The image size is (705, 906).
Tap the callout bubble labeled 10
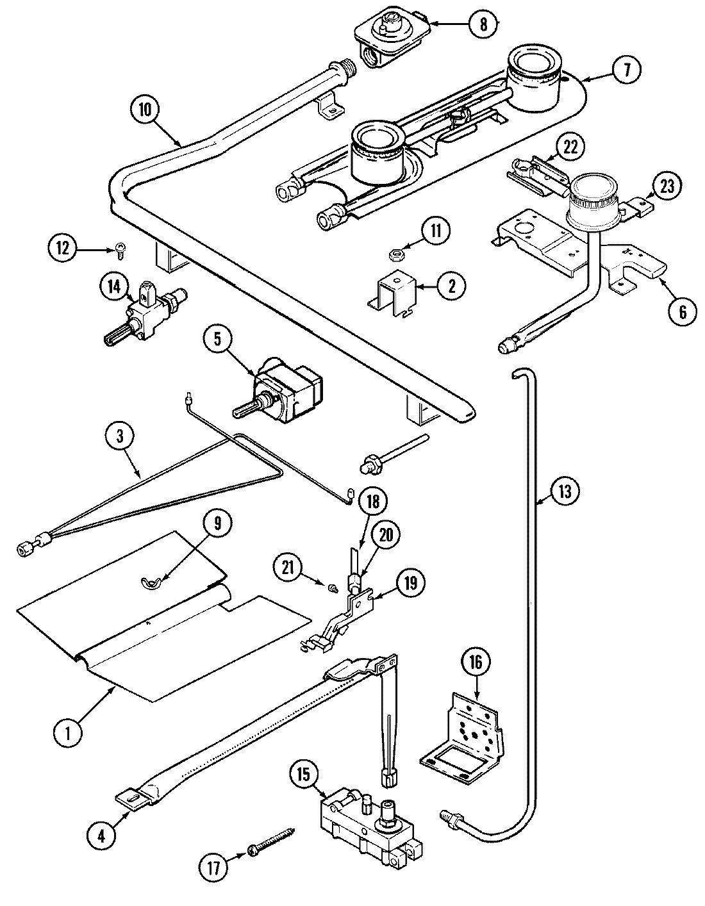[146, 109]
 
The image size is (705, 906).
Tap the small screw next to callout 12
[120, 252]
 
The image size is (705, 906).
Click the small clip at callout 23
[642, 206]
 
